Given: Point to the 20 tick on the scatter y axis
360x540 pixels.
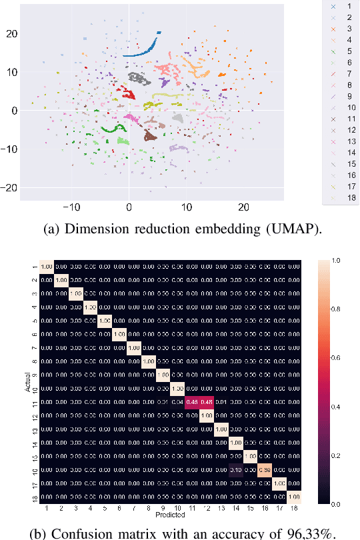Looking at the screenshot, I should coord(13,33).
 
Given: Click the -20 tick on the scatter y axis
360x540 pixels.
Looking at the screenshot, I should coord(10,188).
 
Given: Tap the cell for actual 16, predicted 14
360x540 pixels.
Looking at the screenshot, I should coord(235,470).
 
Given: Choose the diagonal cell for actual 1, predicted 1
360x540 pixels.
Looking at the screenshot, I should coord(47,266).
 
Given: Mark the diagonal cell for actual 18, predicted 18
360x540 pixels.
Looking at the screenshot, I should coord(293,497).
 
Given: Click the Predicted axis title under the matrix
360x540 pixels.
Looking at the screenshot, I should coord(170,515).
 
